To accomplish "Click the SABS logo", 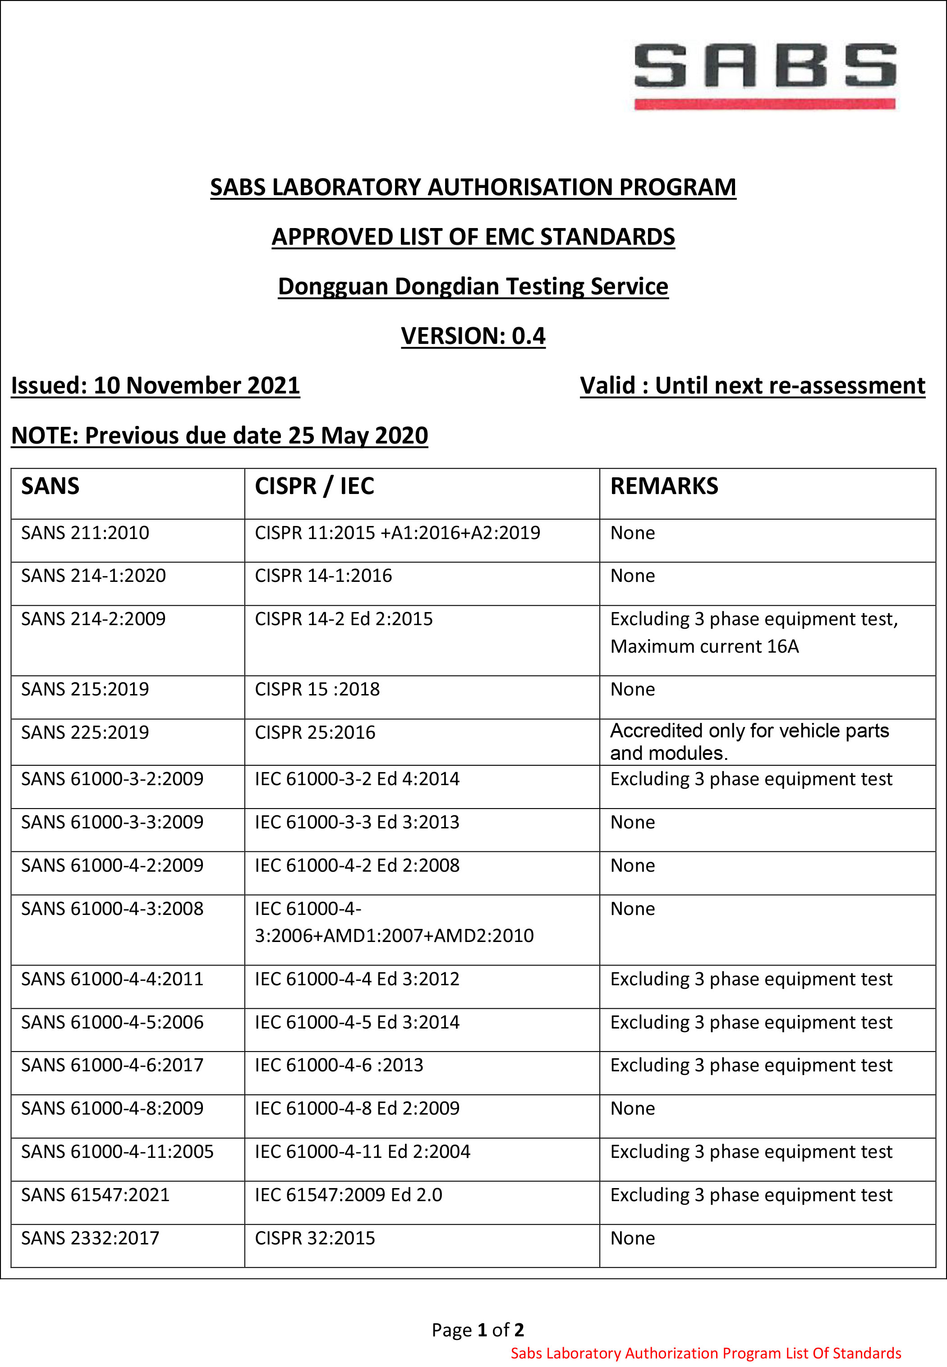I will (764, 75).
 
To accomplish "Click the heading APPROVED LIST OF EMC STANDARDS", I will (473, 237).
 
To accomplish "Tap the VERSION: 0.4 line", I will (473, 336).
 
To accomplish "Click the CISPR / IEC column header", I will (314, 486).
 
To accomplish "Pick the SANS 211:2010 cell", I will (85, 533).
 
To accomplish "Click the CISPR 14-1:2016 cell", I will (323, 576).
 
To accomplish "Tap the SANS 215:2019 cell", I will (85, 689).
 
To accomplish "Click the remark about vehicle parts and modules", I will (749, 741).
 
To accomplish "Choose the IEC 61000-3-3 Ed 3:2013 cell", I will (357, 822).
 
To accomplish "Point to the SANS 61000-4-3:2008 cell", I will (112, 909).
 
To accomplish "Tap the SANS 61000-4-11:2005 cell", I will (117, 1152).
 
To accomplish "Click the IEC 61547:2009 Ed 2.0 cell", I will (348, 1195).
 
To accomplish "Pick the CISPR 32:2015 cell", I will (314, 1238).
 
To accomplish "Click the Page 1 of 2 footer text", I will (478, 1330).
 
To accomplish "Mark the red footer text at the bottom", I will (705, 1353).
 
